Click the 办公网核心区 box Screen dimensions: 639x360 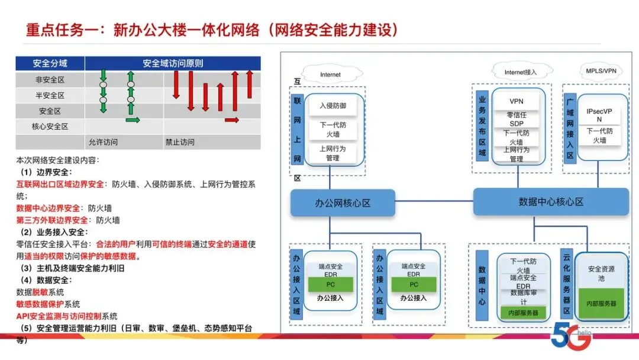343,202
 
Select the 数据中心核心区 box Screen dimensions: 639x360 551,201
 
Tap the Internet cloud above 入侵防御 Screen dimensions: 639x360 331,74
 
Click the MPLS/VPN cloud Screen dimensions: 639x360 601,71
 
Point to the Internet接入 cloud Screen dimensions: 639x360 521,72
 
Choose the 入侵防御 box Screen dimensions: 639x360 333,105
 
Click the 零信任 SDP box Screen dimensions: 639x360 517,119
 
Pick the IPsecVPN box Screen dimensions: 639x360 599,115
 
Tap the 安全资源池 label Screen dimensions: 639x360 601,274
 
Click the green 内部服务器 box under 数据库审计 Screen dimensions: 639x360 523,313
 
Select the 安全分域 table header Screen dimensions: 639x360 50,63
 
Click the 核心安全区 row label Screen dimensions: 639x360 50,126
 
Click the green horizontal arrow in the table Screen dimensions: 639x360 133,120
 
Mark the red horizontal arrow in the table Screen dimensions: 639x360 232,120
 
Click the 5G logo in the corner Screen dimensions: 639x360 570,336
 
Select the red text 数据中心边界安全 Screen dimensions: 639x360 48,208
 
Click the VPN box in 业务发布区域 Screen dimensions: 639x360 517,101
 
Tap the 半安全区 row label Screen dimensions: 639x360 50,95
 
